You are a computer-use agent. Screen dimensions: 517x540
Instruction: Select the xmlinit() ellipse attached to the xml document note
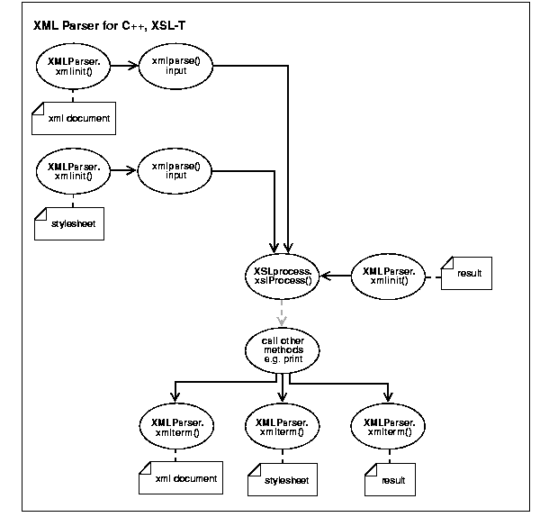73,69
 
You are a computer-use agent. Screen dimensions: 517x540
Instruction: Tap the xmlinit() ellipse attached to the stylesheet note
73,171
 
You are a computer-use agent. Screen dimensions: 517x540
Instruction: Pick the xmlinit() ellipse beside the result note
389,275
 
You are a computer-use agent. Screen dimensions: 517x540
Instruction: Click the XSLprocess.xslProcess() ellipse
283,275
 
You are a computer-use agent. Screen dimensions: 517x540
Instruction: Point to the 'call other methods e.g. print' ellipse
283,348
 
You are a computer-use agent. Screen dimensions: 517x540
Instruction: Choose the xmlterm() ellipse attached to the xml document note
176,426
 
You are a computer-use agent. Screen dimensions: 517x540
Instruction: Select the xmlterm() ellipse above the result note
389,426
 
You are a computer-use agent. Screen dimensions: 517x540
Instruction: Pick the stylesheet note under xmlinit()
67,222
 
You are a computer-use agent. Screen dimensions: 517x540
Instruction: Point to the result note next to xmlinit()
468,272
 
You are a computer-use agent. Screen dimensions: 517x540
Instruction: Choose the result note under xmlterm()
390,480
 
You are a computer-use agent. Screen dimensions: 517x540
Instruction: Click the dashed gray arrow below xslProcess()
283,312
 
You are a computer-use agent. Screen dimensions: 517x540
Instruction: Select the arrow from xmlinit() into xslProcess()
337,275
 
